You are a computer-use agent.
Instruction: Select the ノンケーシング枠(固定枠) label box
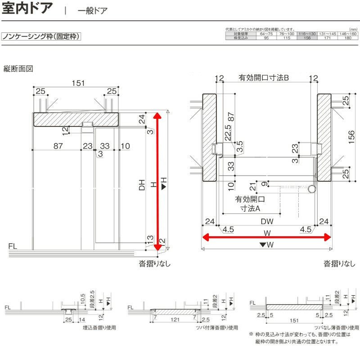pos(41,36)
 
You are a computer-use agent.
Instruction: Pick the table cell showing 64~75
pos(266,34)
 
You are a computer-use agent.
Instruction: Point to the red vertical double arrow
pos(157,180)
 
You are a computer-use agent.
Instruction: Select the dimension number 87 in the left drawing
pos(57,146)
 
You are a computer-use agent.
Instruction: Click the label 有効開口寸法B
pos(266,78)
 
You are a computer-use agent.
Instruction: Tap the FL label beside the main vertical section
pos(13,246)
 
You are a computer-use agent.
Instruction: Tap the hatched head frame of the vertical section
pos(76,119)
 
